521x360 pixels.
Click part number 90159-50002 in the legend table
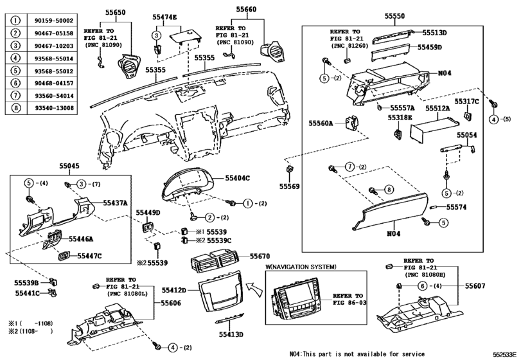(49, 21)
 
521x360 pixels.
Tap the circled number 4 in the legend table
(13, 57)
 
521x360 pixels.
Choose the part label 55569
(289, 186)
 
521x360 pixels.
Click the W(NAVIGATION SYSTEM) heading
(301, 266)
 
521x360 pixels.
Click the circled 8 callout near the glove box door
(389, 190)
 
